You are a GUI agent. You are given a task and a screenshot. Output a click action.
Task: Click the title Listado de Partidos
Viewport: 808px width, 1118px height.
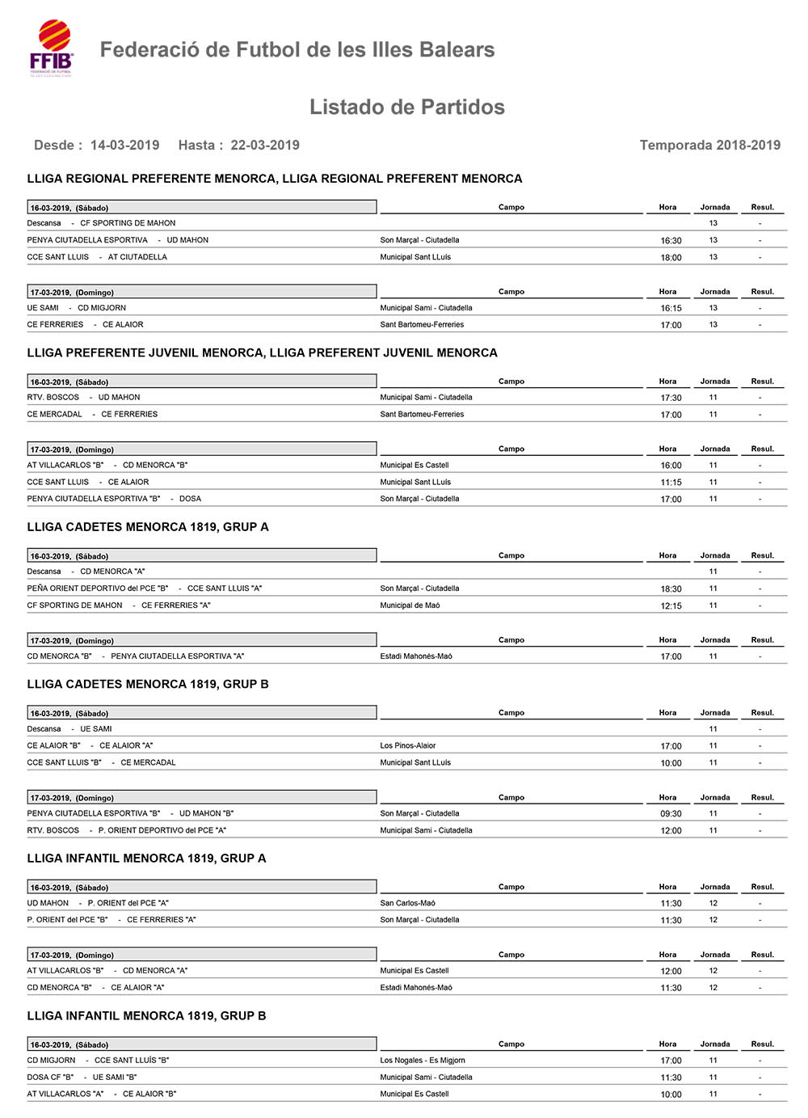pyautogui.click(x=406, y=108)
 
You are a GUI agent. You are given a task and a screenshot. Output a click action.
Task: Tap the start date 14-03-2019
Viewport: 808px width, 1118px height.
pyautogui.click(x=124, y=146)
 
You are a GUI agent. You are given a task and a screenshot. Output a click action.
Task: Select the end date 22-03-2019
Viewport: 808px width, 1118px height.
pyautogui.click(x=265, y=146)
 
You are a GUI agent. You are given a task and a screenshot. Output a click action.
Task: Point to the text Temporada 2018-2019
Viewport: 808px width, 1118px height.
pyautogui.click(x=709, y=146)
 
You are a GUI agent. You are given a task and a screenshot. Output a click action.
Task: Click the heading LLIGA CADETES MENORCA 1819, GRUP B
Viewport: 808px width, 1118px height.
pyautogui.click(x=148, y=684)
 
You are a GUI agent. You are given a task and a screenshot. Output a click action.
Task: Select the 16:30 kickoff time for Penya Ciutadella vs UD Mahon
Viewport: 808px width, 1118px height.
pyautogui.click(x=671, y=241)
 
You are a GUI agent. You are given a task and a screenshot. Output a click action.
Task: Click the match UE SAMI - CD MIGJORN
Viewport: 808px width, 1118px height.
pyautogui.click(x=77, y=308)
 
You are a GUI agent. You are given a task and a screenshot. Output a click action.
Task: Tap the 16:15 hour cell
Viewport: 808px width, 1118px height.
pyautogui.click(x=671, y=309)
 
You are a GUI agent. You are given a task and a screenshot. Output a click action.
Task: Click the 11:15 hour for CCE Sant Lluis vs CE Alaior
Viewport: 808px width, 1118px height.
pyautogui.click(x=671, y=483)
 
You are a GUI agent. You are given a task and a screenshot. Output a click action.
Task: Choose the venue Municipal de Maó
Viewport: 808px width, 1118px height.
pyautogui.click(x=410, y=605)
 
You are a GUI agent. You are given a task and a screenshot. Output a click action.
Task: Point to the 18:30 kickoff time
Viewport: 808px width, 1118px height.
pyautogui.click(x=671, y=589)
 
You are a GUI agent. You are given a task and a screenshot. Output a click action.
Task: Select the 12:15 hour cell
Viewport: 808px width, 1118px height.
pyautogui.click(x=671, y=606)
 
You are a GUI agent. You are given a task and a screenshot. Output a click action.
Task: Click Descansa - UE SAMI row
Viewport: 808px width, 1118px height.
pyautogui.click(x=69, y=729)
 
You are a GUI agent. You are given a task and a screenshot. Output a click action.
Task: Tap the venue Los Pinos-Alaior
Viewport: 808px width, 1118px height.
pyautogui.click(x=407, y=746)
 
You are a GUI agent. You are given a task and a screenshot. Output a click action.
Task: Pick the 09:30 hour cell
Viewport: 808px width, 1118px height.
pyautogui.click(x=671, y=814)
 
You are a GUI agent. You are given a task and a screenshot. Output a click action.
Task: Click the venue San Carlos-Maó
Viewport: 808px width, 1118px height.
pyautogui.click(x=407, y=904)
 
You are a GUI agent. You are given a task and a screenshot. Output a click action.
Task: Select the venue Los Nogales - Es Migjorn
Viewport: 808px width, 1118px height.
pyautogui.click(x=423, y=1061)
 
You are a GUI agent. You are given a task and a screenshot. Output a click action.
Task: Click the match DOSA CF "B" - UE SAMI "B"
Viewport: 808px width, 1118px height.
pyautogui.click(x=82, y=1078)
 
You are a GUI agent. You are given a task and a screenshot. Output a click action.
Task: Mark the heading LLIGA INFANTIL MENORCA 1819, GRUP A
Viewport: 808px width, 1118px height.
pyautogui.click(x=146, y=859)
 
